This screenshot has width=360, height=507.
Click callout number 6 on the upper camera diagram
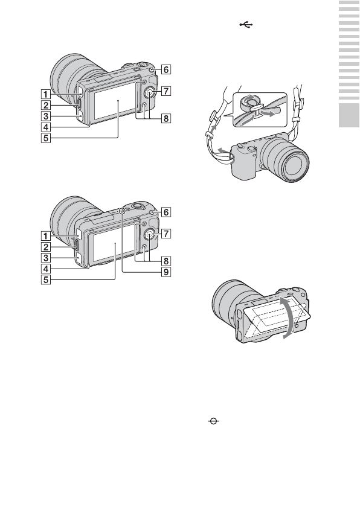coord(166,69)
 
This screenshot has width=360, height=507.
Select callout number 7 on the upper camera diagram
coord(166,91)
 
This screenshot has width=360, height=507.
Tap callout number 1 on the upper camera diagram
coord(46,94)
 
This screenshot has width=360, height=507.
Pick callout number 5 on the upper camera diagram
coord(46,138)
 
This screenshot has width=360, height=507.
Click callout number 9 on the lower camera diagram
coord(166,272)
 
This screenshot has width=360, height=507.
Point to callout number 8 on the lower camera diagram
coord(166,261)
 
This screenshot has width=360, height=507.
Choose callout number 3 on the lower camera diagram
coord(46,258)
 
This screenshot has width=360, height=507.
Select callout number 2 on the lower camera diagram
coord(46,247)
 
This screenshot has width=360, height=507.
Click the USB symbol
coord(246,25)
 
